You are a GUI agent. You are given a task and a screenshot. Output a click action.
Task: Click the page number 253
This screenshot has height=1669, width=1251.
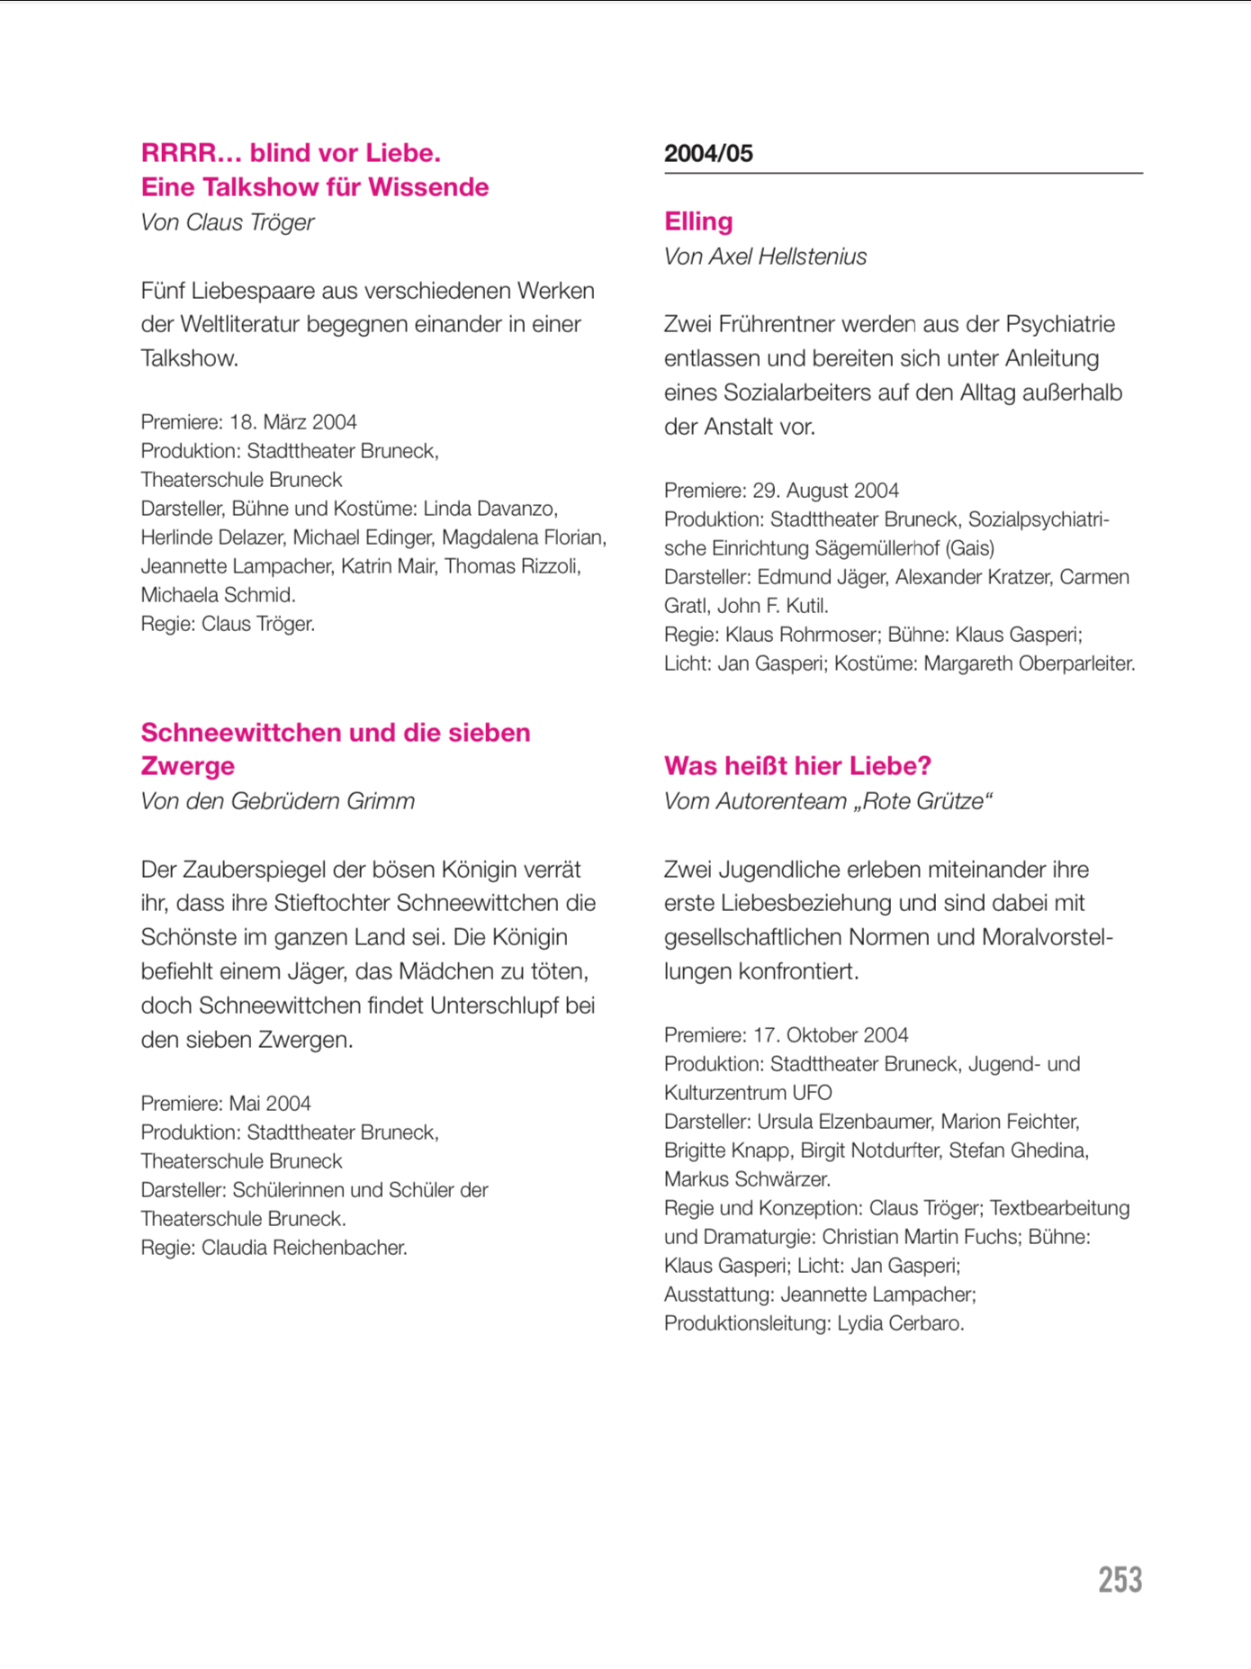click(1120, 1580)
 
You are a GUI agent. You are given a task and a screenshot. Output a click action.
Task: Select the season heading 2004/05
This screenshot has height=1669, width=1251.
click(708, 154)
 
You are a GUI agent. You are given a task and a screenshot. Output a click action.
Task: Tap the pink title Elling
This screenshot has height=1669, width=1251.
click(698, 221)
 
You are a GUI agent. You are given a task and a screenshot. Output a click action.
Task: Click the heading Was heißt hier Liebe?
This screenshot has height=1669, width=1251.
click(797, 766)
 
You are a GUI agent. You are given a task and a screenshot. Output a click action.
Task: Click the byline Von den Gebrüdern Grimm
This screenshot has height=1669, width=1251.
click(277, 801)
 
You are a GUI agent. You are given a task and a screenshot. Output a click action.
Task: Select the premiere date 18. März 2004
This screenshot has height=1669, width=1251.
click(293, 422)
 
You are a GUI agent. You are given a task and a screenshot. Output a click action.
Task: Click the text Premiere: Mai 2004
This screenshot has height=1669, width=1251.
click(226, 1104)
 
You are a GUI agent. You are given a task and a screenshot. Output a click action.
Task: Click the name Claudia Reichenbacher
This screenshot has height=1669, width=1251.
click(303, 1248)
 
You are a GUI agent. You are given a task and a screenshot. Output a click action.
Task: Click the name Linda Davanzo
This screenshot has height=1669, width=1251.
click(490, 509)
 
